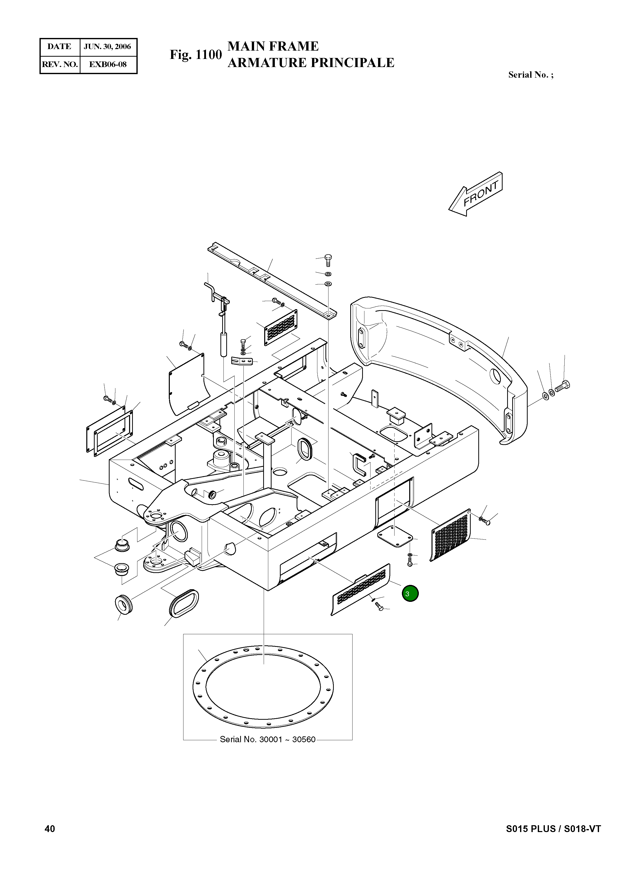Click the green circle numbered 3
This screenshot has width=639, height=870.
[410, 593]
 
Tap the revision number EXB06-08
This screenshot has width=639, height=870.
[108, 65]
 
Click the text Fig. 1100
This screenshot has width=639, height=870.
[196, 55]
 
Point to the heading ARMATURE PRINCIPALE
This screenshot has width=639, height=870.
[311, 63]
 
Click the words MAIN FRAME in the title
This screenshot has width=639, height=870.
[273, 46]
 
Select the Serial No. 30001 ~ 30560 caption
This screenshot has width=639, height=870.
[268, 739]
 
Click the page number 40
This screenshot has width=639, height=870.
[50, 829]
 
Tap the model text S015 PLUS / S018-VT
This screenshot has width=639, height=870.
[553, 829]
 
